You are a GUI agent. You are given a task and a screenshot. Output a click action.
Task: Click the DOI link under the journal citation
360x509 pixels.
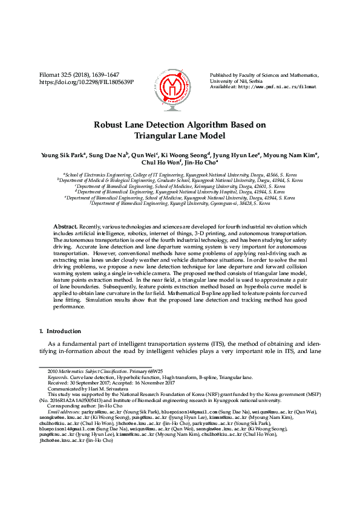tap(87, 82)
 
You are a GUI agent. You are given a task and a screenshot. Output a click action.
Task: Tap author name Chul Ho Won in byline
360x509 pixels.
tap(160, 163)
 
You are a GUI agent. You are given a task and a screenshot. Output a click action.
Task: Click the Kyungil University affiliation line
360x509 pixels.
tap(180, 204)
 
